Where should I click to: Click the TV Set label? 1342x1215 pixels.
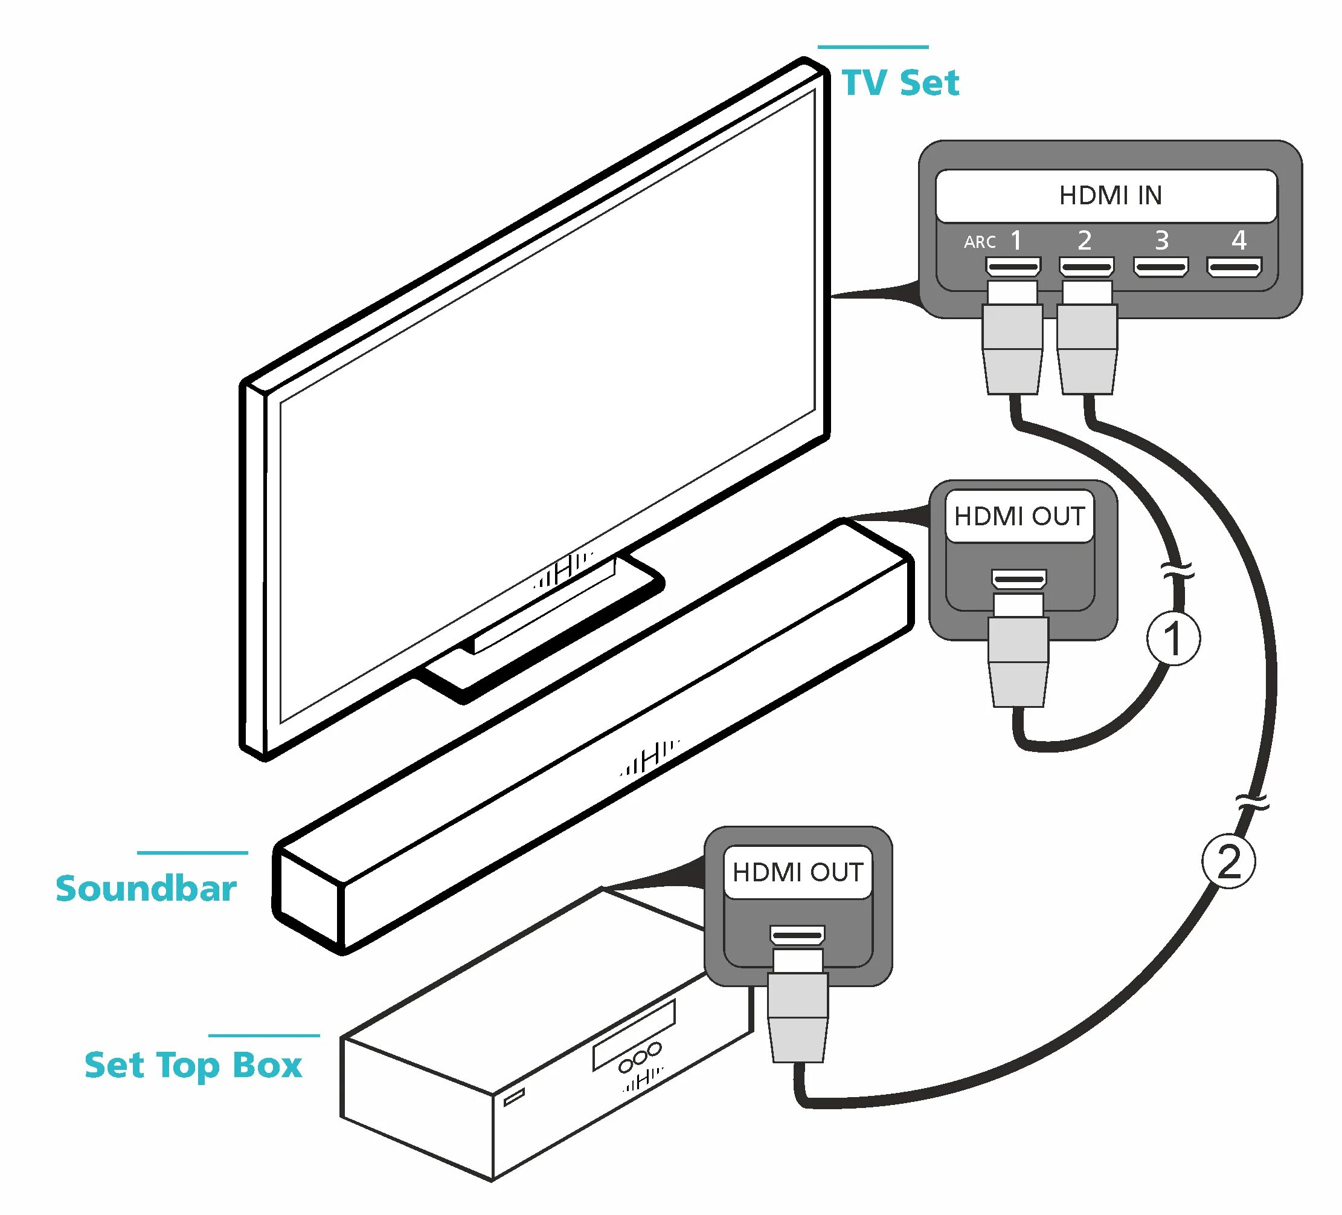pos(900,83)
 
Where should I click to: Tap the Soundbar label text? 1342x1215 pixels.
pos(146,889)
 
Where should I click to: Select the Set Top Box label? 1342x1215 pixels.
pos(193,1064)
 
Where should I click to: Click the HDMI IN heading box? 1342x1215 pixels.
pos(1106,195)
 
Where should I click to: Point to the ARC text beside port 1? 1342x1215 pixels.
pos(979,242)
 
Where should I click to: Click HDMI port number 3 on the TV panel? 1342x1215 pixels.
pos(1160,268)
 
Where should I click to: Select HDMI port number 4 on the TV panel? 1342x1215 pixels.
pos(1234,268)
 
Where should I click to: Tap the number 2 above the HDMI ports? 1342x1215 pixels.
pos(1084,240)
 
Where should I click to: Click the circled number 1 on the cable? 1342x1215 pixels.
pos(1173,638)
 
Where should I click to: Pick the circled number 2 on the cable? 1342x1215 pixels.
pos(1228,862)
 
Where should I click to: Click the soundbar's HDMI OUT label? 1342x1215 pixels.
pos(1019,516)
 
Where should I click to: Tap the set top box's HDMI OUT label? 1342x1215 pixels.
pos(797,872)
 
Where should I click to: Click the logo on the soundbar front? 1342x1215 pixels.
pos(650,759)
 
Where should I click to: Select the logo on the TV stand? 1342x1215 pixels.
pos(563,569)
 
